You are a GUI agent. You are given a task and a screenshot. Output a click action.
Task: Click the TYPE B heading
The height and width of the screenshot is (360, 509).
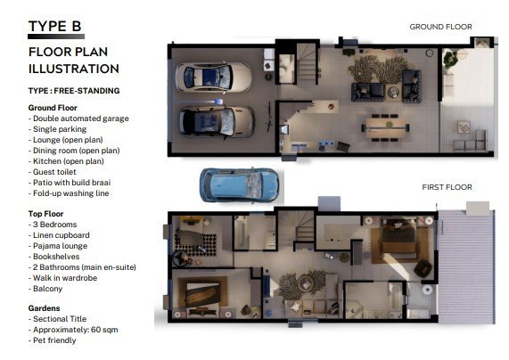(x=55, y=27)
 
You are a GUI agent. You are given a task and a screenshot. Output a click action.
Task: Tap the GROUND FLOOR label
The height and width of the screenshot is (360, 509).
(x=440, y=27)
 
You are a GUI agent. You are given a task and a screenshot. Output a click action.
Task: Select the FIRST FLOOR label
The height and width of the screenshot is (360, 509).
(x=447, y=187)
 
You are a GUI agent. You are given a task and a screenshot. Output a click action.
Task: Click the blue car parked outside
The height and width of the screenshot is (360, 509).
(x=239, y=185)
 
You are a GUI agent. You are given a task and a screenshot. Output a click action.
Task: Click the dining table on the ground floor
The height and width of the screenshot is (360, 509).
(x=385, y=128)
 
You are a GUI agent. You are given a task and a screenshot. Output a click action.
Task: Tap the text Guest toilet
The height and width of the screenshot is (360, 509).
(x=54, y=172)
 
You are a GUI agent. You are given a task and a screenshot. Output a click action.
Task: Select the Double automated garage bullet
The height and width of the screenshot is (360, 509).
(x=81, y=119)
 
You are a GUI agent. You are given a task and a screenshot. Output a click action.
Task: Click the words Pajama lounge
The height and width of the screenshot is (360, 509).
(x=60, y=246)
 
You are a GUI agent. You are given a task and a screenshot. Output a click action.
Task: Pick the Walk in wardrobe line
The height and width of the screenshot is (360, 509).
(x=65, y=278)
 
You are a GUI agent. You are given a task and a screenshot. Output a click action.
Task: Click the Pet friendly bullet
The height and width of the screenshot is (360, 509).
(x=54, y=340)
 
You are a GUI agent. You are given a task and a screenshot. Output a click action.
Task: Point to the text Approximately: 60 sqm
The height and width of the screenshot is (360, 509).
(x=75, y=330)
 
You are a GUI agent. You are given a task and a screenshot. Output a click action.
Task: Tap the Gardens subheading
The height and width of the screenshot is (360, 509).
(x=45, y=308)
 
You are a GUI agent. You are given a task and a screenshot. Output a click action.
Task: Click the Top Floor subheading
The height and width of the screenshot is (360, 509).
(x=45, y=214)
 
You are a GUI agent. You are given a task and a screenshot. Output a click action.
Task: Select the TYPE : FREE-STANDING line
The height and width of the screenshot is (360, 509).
(x=74, y=91)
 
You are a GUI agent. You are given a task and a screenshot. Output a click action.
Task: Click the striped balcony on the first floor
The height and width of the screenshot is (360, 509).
(x=466, y=266)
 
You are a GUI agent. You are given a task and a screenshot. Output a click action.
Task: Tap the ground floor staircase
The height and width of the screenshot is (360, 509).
(x=307, y=64)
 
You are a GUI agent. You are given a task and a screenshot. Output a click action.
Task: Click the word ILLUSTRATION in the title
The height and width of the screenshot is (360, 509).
(x=74, y=69)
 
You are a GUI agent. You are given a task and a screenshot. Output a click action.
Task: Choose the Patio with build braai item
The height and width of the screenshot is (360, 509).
(x=71, y=183)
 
